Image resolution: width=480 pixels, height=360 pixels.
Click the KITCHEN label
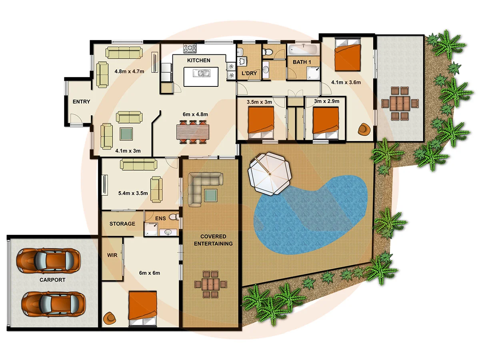point(198,60)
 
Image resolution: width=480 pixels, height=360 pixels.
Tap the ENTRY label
point(81,102)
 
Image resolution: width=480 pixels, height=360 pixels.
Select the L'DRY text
point(249,74)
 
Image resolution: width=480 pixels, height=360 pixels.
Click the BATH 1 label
point(302,62)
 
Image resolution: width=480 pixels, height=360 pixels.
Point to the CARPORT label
point(52,280)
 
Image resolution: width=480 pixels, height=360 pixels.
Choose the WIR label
point(112,255)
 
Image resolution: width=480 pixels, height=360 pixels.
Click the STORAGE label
point(122,224)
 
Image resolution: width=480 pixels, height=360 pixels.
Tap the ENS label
point(160,218)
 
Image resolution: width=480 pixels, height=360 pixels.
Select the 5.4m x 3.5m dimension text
point(133,193)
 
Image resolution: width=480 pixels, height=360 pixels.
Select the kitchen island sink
point(201,73)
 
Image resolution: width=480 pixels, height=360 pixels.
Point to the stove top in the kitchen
point(190,49)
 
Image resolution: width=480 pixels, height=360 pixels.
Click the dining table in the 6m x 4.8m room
point(192,132)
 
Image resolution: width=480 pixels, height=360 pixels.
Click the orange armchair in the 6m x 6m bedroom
point(109,318)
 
